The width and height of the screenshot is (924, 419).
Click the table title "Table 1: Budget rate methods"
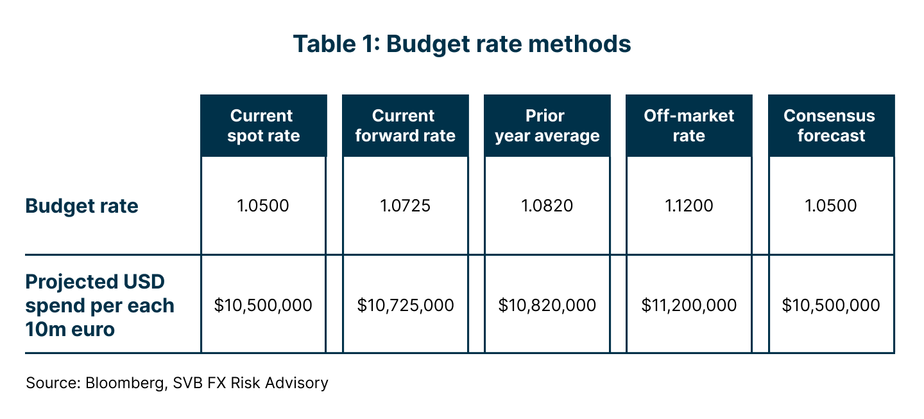pyautogui.click(x=462, y=44)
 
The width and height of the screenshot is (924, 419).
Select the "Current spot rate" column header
pyautogui.click(x=263, y=126)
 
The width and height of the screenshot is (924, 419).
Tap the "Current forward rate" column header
pyautogui.click(x=405, y=126)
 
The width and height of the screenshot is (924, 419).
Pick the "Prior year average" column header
pyautogui.click(x=547, y=126)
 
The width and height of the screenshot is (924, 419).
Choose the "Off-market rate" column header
pyautogui.click(x=689, y=126)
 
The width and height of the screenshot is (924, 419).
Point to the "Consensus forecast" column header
pyautogui.click(x=831, y=126)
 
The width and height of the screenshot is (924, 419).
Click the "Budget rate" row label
pyautogui.click(x=82, y=206)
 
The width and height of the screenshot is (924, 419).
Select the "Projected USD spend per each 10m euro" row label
pyautogui.click(x=99, y=305)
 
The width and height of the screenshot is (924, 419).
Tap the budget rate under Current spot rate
pyautogui.click(x=263, y=206)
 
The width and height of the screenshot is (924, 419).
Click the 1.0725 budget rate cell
pyautogui.click(x=405, y=206)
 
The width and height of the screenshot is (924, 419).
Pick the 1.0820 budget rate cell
pyautogui.click(x=547, y=206)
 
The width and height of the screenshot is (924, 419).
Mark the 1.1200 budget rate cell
pyautogui.click(x=689, y=206)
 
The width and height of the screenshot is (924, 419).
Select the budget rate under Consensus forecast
pyautogui.click(x=831, y=206)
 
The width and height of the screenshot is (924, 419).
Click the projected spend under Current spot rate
pyautogui.click(x=263, y=305)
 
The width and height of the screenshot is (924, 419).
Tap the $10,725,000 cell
pyautogui.click(x=405, y=305)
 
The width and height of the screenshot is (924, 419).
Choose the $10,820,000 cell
pyautogui.click(x=547, y=305)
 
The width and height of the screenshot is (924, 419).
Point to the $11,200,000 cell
pyautogui.click(x=689, y=305)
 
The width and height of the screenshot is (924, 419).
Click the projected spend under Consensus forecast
pyautogui.click(x=831, y=305)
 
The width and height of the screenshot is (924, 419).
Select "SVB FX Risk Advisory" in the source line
pyautogui.click(x=250, y=384)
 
